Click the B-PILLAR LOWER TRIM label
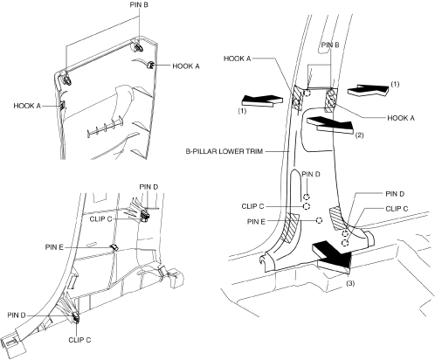pyautogui.click(x=224, y=151)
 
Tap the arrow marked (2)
pyautogui.click(x=330, y=124)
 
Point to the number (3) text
pyautogui.click(x=350, y=283)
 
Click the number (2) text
pyautogui.click(x=359, y=135)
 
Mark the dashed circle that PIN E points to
pyautogui.click(x=319, y=220)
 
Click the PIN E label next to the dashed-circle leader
pyautogui.click(x=256, y=222)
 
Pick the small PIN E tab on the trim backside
pyautogui.click(x=114, y=247)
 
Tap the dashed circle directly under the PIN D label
pyautogui.click(x=307, y=197)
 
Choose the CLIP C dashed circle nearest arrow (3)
pyautogui.click(x=345, y=243)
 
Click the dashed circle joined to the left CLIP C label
pyautogui.click(x=307, y=206)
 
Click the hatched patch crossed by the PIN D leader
pyautogui.click(x=338, y=219)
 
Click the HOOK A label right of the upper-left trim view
pyautogui.click(x=186, y=66)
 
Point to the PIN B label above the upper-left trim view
pyautogui.click(x=139, y=4)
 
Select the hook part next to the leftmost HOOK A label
pyautogui.click(x=62, y=105)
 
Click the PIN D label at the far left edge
pyautogui.click(x=17, y=315)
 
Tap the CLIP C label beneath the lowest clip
pyautogui.click(x=79, y=340)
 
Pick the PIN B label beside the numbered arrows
pyautogui.click(x=330, y=45)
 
